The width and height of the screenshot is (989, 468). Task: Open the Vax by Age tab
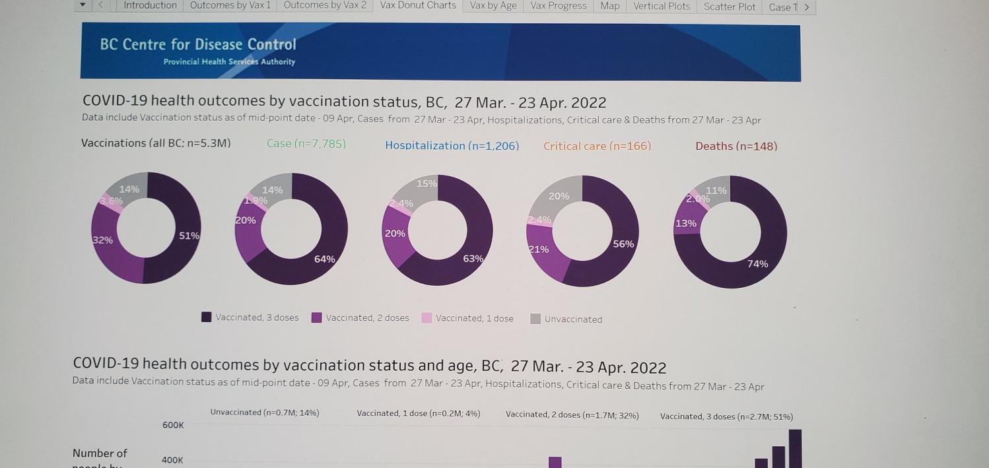pos(493,6)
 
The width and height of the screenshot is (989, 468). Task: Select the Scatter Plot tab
pos(729,7)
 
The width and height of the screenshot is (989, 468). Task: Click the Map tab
pos(609,6)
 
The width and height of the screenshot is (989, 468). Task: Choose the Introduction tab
pos(150,5)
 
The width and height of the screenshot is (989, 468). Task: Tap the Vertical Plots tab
pos(661,7)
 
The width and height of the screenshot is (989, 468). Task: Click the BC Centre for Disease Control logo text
pos(198,45)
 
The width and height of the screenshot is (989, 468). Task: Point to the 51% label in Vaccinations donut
pos(189,236)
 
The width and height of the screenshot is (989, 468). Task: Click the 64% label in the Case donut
pos(324,259)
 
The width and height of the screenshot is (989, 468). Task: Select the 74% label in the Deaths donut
pos(757,264)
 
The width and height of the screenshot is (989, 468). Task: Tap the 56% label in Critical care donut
pos(623,244)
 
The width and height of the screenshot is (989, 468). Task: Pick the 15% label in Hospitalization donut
pos(426,184)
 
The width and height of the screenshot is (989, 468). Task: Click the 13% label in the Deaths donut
pos(685,224)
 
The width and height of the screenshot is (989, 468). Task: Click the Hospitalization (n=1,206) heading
pos(452,146)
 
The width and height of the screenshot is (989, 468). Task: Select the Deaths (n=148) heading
pos(736,147)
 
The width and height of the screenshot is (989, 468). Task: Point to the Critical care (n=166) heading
pos(597,146)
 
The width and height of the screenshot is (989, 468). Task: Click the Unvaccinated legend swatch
pos(535,319)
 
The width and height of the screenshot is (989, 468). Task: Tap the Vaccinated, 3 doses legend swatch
pos(207,318)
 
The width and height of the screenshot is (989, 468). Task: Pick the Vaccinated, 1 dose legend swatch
pos(426,318)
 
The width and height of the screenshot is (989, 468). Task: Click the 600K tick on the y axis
pos(173,426)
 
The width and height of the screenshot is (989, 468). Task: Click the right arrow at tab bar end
pos(807,7)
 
